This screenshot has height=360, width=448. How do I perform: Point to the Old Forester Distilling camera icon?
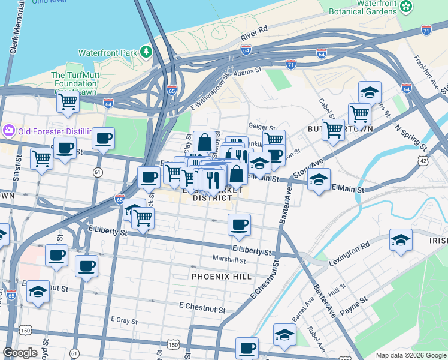click(x=9, y=130)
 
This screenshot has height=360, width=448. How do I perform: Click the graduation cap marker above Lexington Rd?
click(x=401, y=240)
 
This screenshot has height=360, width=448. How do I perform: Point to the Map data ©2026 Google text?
click(x=410, y=355)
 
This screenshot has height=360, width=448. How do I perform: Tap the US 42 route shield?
click(x=424, y=161)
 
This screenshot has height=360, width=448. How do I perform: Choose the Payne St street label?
click(x=354, y=304)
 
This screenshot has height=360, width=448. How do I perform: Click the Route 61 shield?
click(x=97, y=172)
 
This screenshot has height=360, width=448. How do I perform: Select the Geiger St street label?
click(x=261, y=128)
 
